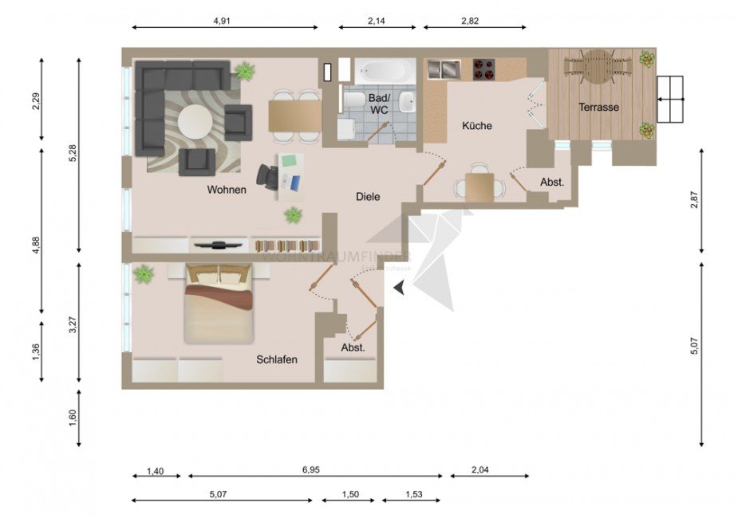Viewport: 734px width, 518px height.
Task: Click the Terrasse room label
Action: point(599,107)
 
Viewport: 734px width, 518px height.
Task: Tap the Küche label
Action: point(477,126)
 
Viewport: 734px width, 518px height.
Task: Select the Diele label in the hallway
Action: point(368,196)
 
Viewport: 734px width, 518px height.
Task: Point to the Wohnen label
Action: point(227,190)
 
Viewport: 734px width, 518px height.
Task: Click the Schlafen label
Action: point(277,359)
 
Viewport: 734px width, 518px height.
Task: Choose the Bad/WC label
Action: point(378,104)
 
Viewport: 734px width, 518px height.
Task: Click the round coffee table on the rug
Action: point(195,122)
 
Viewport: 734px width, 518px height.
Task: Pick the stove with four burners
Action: point(483,69)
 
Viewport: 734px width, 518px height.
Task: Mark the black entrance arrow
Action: point(400,289)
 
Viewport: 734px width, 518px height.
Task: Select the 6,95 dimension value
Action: point(311,471)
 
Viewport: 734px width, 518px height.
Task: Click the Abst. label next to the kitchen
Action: point(552,182)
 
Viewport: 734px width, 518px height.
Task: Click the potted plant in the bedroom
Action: point(144,275)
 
